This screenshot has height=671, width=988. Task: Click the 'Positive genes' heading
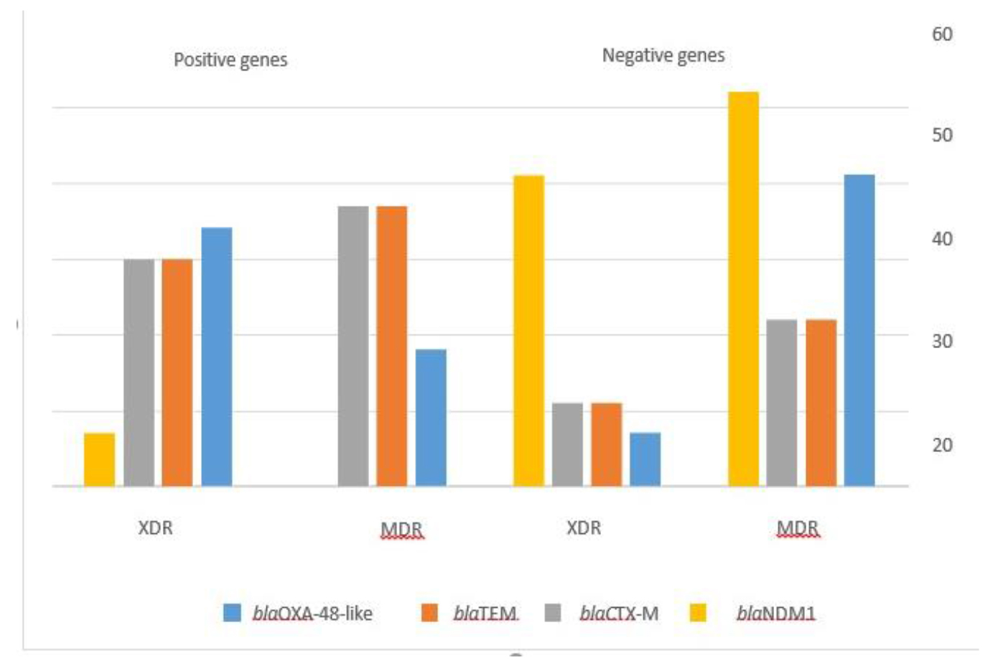(x=230, y=60)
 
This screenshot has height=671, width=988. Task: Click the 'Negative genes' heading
(x=663, y=55)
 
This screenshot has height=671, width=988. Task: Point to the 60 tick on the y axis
(x=942, y=34)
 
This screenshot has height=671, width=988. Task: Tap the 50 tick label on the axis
(x=942, y=135)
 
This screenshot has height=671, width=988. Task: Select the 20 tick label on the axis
(x=942, y=445)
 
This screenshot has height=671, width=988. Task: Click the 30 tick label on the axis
(x=942, y=341)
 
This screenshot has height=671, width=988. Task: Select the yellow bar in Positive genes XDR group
(x=99, y=459)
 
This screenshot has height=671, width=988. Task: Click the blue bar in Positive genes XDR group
(x=216, y=357)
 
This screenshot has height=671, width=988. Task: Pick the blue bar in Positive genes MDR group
(x=431, y=418)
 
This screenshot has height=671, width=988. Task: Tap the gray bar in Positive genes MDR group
(x=353, y=346)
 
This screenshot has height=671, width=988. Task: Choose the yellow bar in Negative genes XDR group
(x=528, y=330)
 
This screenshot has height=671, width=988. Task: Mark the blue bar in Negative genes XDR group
(x=645, y=459)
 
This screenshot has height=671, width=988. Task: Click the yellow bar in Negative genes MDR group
(x=743, y=288)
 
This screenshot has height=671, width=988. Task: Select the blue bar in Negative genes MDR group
(x=859, y=330)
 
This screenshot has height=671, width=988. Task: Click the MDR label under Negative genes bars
(x=797, y=529)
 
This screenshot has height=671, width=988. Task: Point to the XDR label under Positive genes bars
(x=155, y=528)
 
